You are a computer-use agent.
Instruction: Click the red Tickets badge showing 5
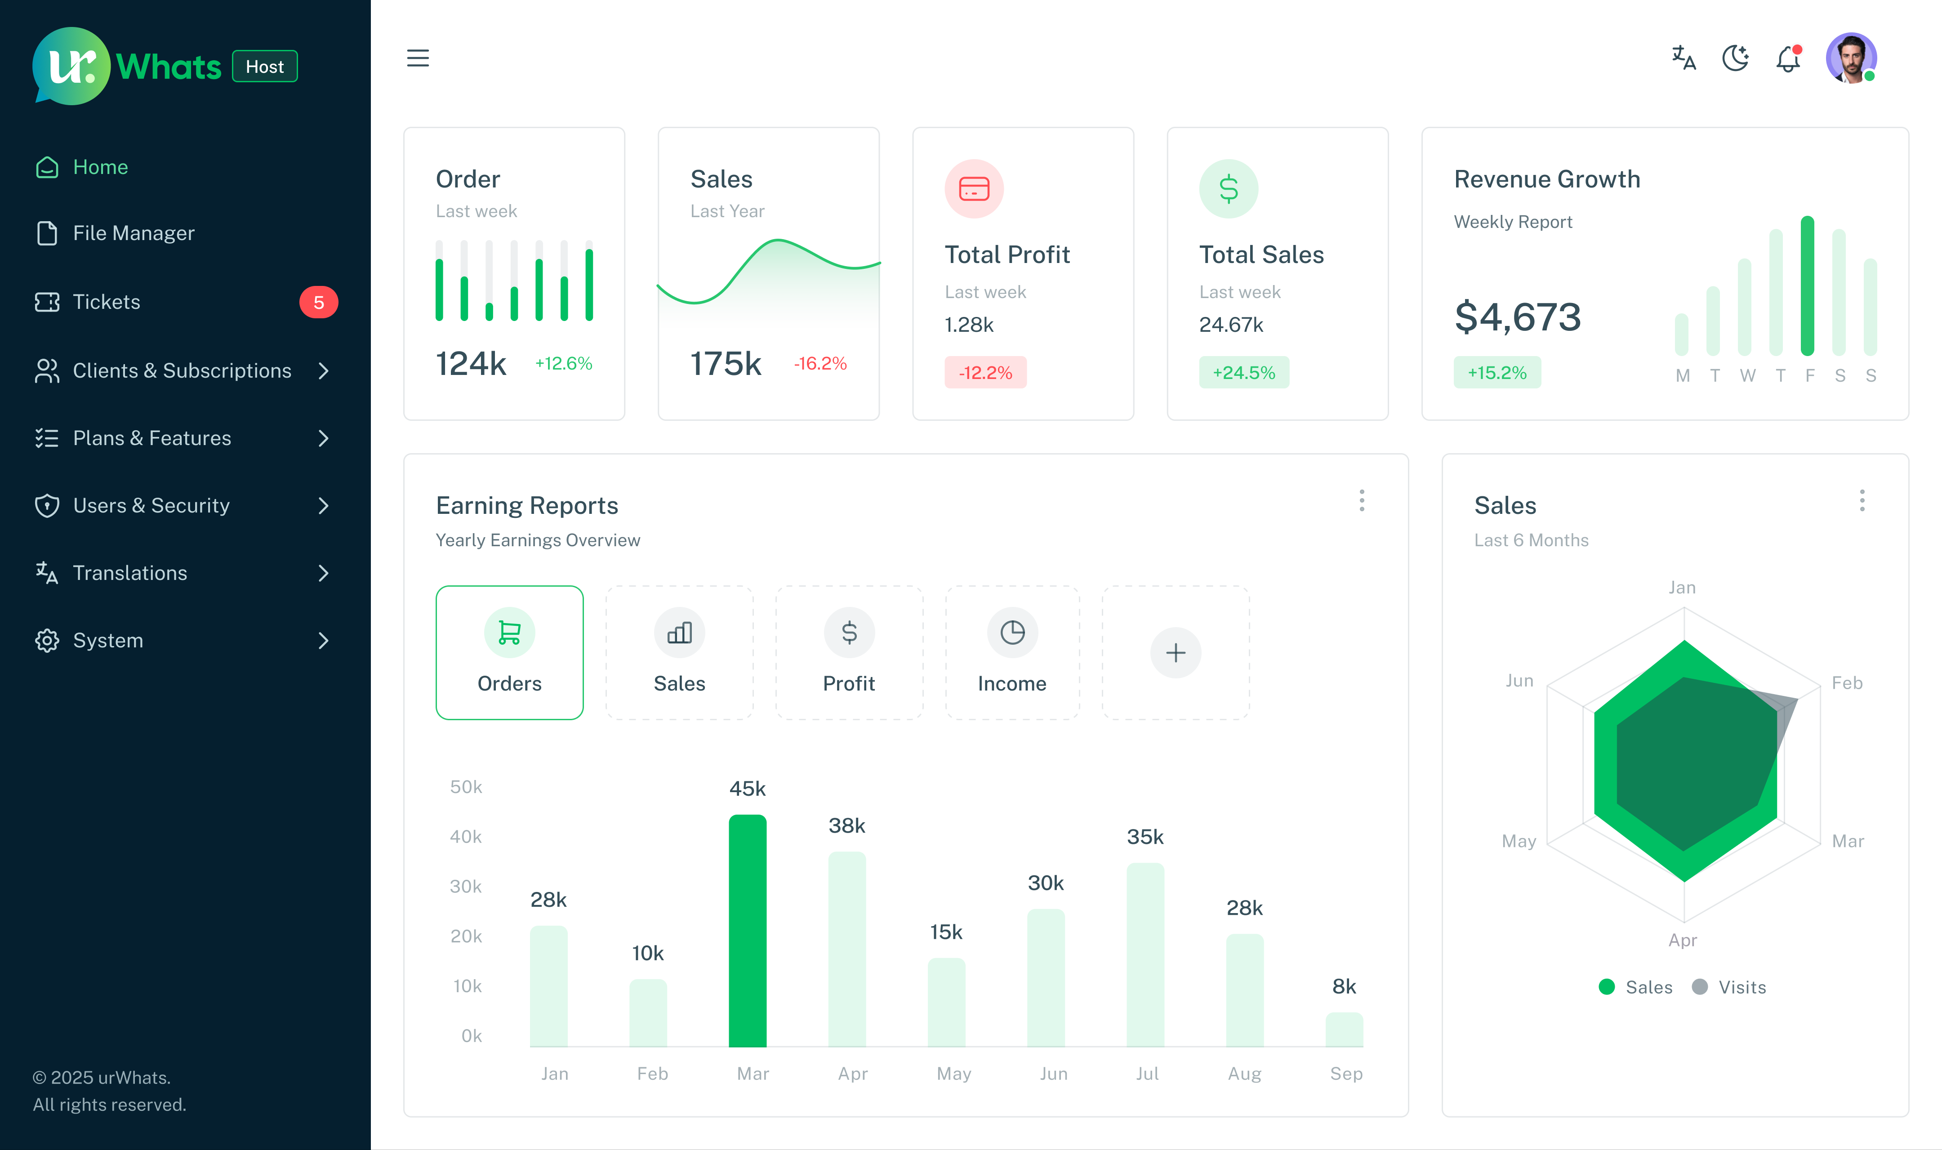click(318, 302)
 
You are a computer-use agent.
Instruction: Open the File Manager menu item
click(133, 233)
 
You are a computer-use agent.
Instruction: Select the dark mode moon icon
click(1735, 58)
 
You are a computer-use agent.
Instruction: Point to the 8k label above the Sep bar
click(1344, 986)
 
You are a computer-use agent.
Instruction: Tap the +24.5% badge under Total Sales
click(1243, 373)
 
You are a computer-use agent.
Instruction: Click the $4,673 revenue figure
click(1517, 317)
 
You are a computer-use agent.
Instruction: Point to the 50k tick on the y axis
click(466, 787)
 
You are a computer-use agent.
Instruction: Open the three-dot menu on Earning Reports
click(1361, 501)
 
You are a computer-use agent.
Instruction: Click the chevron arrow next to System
click(324, 641)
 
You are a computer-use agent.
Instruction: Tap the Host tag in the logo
click(265, 67)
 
